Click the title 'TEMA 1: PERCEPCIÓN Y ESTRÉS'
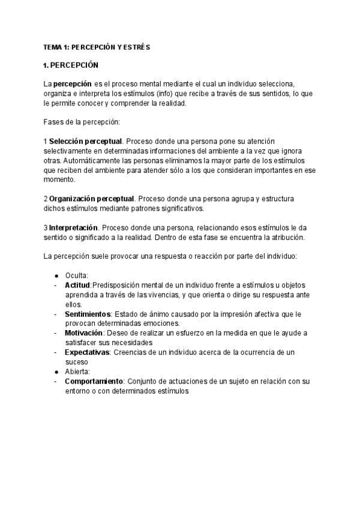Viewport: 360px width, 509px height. click(97, 47)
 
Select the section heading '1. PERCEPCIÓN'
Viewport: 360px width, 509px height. click(71, 65)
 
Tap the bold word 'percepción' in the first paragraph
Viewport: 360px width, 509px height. click(73, 83)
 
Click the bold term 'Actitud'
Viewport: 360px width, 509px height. click(77, 285)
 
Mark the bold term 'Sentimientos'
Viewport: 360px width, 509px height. click(88, 314)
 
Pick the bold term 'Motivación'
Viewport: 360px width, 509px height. click(84, 333)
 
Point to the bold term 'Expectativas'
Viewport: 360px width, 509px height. click(87, 352)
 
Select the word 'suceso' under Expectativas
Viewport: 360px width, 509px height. click(77, 362)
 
